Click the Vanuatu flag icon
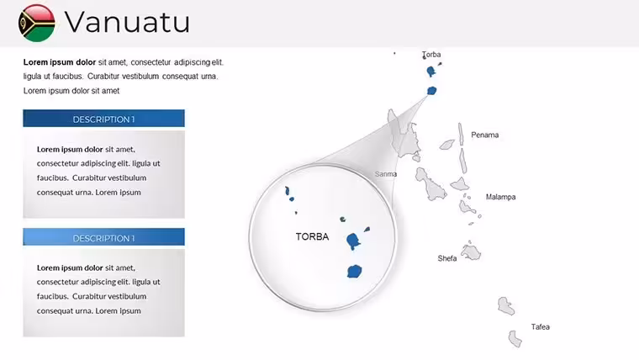(x=37, y=23)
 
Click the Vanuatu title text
(x=127, y=22)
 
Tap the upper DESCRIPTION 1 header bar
(x=104, y=119)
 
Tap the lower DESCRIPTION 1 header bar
(x=104, y=237)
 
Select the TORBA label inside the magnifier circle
(x=312, y=237)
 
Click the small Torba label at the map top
(x=431, y=54)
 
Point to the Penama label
(x=484, y=135)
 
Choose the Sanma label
(x=386, y=174)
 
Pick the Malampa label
(x=500, y=197)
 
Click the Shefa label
(x=447, y=258)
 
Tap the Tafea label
(x=541, y=327)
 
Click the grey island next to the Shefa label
(x=471, y=252)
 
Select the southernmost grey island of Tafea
(x=515, y=339)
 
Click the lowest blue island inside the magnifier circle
(x=354, y=271)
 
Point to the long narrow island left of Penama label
(x=461, y=134)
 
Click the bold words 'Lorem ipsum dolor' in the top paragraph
(x=60, y=62)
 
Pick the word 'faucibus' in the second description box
(x=53, y=296)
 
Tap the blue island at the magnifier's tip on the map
(x=431, y=91)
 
